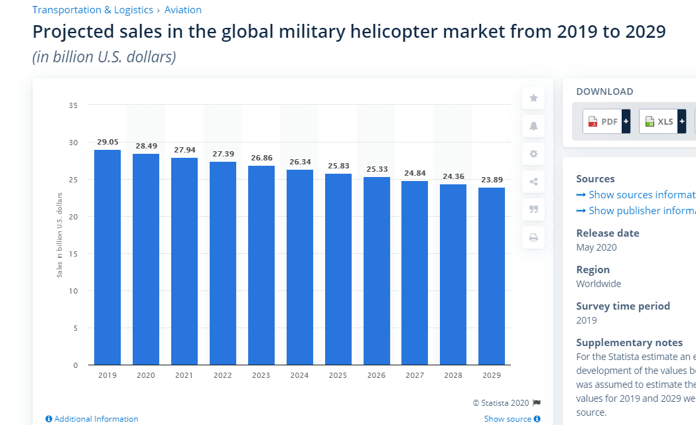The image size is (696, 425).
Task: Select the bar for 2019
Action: pos(107,257)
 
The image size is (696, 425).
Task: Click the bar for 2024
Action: pos(300,267)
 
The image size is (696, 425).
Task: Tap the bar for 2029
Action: pos(492,276)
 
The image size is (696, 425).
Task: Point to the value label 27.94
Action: pos(184,150)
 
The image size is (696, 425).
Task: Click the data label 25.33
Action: pos(376,169)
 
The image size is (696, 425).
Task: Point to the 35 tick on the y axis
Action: pos(73,105)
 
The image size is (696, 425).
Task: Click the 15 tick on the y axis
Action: pos(73,254)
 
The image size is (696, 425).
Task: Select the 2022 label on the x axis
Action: pos(223,375)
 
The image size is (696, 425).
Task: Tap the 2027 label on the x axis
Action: pos(415,375)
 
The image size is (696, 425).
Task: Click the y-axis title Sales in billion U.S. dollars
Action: pos(59,235)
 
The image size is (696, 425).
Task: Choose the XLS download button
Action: pos(662,122)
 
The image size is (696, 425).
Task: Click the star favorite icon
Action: pos(533,99)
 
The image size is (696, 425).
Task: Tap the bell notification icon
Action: pos(533,126)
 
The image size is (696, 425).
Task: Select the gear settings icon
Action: pos(533,154)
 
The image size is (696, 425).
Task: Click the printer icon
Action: pos(533,237)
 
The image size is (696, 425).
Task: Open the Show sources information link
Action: pos(636,195)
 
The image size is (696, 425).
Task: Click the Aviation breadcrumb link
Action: pos(182,10)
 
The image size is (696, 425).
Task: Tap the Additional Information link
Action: pos(92,419)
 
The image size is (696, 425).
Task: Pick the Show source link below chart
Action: pos(512,419)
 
